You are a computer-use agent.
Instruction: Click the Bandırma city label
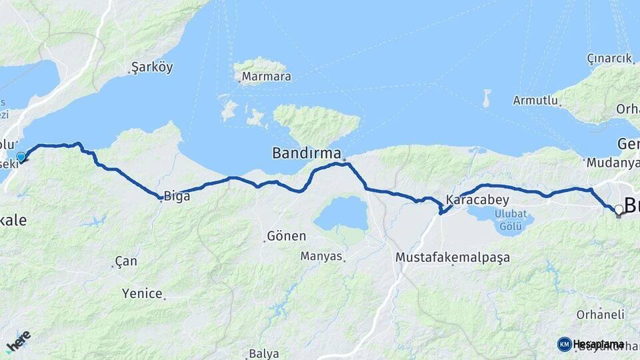click(x=307, y=153)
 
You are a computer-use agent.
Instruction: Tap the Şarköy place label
click(x=153, y=67)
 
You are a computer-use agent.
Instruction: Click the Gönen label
click(x=287, y=236)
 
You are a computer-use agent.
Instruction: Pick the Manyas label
click(x=321, y=256)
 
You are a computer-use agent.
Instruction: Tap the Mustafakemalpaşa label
click(x=453, y=257)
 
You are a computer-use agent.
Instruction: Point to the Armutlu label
click(x=533, y=100)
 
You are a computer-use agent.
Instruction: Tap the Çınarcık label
click(x=609, y=58)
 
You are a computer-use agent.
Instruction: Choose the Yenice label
click(x=143, y=293)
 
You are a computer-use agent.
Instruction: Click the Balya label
click(x=263, y=353)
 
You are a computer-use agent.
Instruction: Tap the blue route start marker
click(x=21, y=157)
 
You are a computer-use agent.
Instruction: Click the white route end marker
click(x=619, y=210)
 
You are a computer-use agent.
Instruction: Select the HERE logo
click(x=18, y=342)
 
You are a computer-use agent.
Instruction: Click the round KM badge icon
click(x=564, y=344)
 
